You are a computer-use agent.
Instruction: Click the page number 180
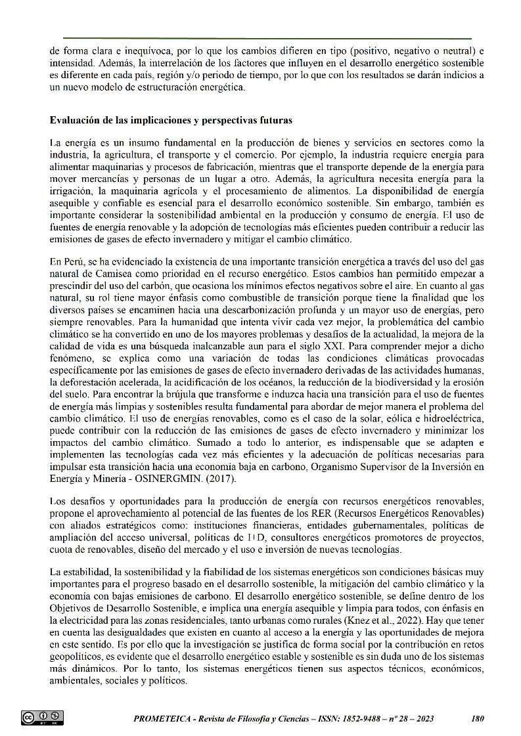(478, 718)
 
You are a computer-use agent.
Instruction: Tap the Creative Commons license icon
(42, 718)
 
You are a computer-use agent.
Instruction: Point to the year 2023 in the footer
(422, 718)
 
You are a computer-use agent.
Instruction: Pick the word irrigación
(70, 191)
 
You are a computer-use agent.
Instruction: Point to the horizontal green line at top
(267, 39)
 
